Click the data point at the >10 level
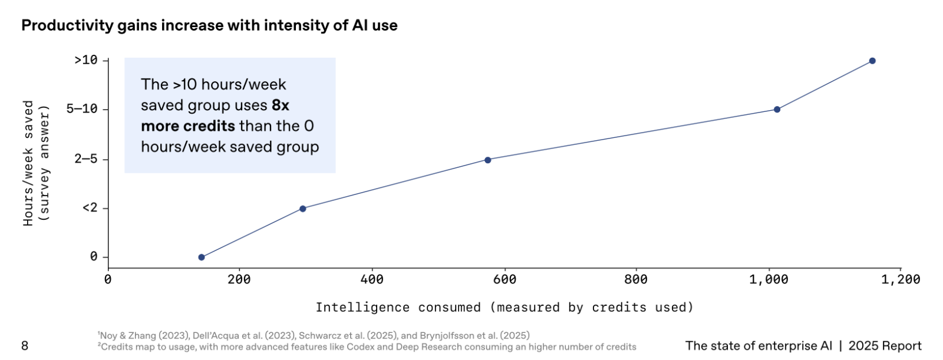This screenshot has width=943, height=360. click(872, 61)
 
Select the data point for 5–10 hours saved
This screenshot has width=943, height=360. click(777, 110)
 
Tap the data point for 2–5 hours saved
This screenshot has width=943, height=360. click(488, 160)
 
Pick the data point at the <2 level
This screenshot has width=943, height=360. click(303, 209)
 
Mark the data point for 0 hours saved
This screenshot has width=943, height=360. click(202, 257)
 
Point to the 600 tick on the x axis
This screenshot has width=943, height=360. click(505, 279)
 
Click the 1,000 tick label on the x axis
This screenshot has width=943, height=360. click(769, 279)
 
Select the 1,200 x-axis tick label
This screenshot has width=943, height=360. click(901, 279)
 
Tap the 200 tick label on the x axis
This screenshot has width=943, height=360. click(239, 279)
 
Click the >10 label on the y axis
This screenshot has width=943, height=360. click(86, 60)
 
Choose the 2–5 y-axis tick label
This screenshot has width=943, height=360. click(86, 159)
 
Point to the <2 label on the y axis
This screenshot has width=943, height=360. click(90, 208)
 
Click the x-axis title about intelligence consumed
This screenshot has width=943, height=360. click(505, 307)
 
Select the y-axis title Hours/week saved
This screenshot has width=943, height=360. click(28, 163)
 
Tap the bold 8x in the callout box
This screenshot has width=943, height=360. click(281, 105)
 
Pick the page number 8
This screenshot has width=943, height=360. click(25, 346)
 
